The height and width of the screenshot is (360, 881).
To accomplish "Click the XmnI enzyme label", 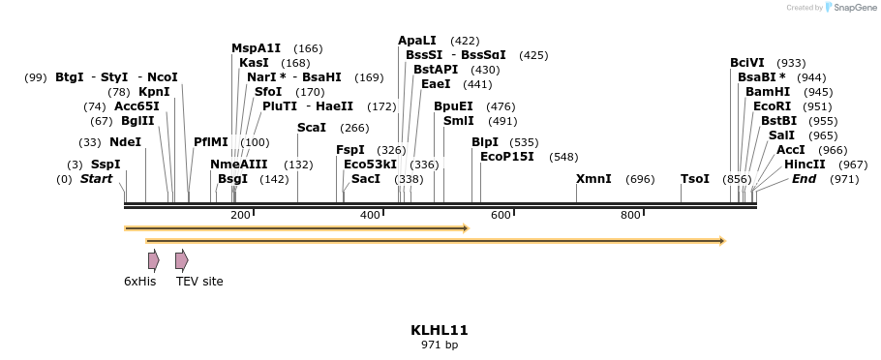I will [x=593, y=179].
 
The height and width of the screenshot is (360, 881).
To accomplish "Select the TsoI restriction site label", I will [x=695, y=179].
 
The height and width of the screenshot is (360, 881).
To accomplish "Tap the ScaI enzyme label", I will [x=312, y=128].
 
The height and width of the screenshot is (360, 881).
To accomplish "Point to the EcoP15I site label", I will [x=507, y=157].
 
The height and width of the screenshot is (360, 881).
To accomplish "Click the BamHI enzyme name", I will [x=768, y=92].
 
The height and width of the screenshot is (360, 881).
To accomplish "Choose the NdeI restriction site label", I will [x=125, y=142].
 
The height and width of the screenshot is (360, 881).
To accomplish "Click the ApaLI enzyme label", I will [x=417, y=41].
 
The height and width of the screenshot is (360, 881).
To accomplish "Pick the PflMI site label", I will [x=211, y=142].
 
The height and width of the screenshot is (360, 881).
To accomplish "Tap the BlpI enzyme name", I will [x=485, y=142].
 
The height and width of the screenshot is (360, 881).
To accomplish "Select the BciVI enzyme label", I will [x=747, y=63].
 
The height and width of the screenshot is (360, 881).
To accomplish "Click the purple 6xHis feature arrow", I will [x=154, y=260].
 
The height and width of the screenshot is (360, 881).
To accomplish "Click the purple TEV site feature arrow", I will [x=181, y=260].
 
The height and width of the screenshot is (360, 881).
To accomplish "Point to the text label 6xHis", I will [x=140, y=282].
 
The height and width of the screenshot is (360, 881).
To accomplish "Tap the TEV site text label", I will [x=199, y=282].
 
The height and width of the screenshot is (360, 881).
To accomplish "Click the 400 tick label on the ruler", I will [x=371, y=215].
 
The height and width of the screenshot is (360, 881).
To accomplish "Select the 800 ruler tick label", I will [x=630, y=215].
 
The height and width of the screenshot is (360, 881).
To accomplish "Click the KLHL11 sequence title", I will [x=440, y=330].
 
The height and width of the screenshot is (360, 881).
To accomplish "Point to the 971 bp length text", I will [x=440, y=345].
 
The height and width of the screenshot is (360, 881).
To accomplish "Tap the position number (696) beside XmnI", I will [x=640, y=179].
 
